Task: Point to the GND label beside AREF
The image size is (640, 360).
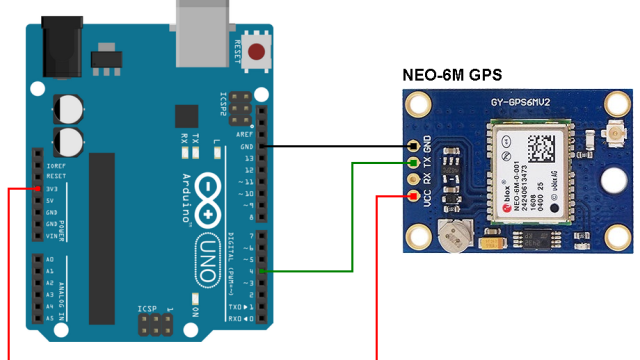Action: click(x=246, y=147)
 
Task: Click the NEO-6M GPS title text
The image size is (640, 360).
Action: click(x=451, y=75)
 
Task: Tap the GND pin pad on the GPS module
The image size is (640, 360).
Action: click(x=411, y=146)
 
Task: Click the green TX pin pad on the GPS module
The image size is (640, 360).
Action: click(x=411, y=162)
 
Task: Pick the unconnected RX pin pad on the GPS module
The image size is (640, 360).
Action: click(x=411, y=179)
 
